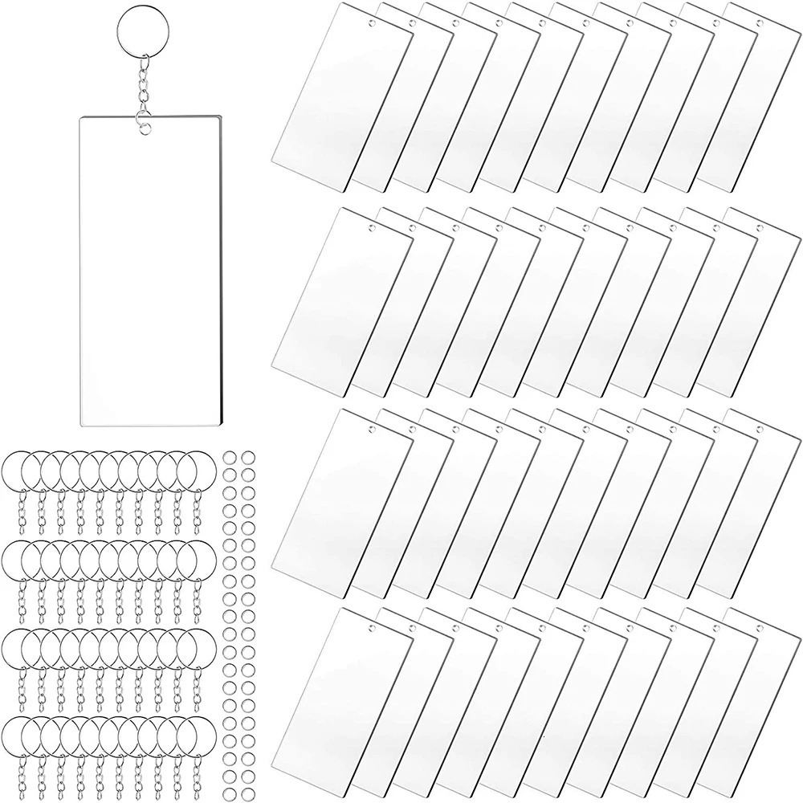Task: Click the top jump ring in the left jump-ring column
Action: [x=226, y=454]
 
